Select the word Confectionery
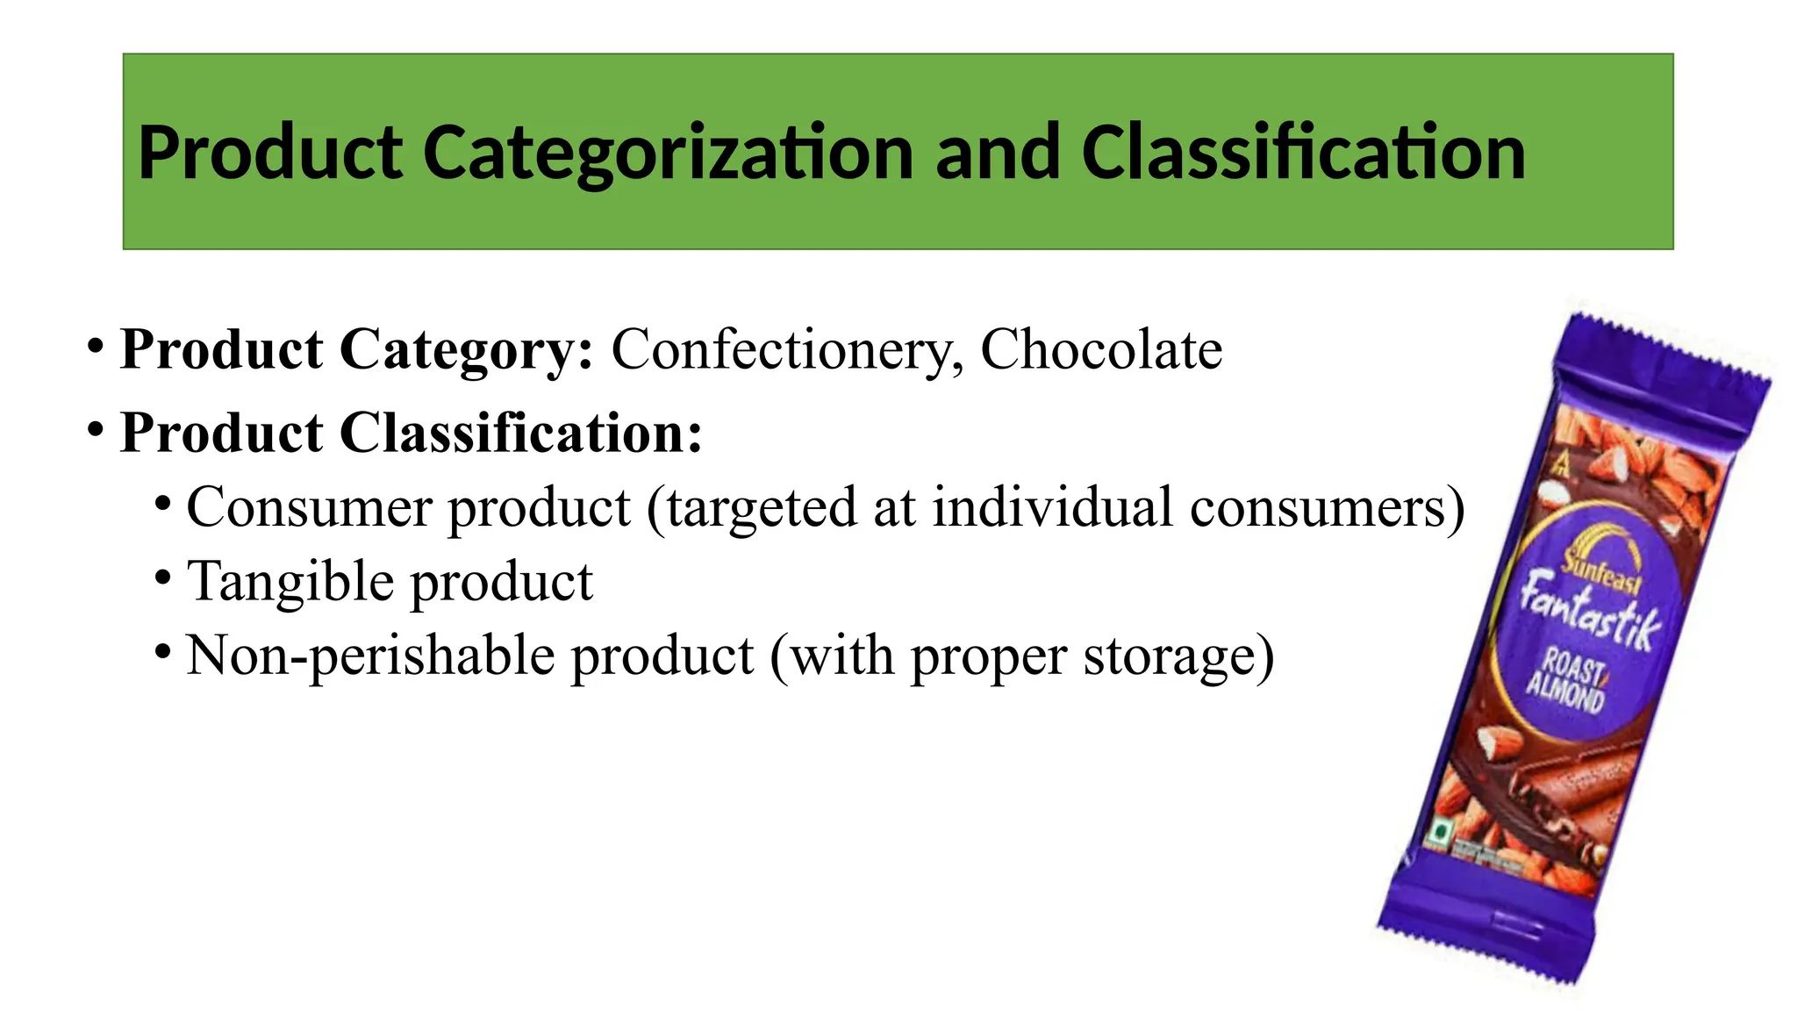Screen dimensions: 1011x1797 pyautogui.click(x=787, y=349)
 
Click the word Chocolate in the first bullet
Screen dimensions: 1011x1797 pyautogui.click(x=1101, y=349)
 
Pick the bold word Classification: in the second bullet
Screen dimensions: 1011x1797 pyautogui.click(x=521, y=433)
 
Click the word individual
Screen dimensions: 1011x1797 pyautogui.click(x=1052, y=507)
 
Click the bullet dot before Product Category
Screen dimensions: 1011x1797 pyautogui.click(x=97, y=344)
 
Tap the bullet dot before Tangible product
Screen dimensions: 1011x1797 pyautogui.click(x=162, y=577)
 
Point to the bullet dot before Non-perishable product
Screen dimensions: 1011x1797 pyautogui.click(x=162, y=651)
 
